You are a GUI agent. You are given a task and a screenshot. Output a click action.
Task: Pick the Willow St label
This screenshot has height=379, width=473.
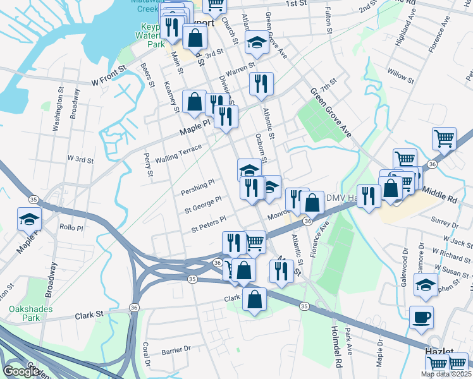click(401, 75)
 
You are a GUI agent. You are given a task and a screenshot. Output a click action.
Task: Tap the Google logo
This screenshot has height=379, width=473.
click(21, 371)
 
